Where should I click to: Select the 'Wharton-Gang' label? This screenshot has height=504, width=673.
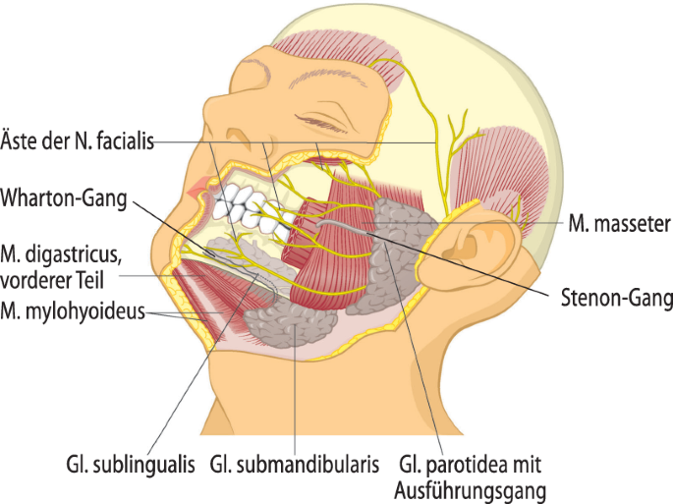coord(65,199)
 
